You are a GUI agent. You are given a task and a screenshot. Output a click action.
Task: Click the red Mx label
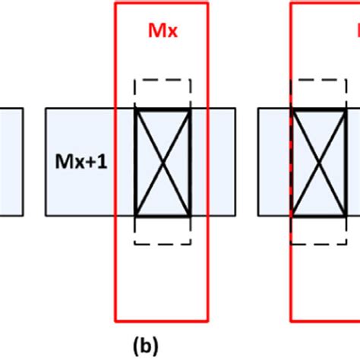pos(161,33)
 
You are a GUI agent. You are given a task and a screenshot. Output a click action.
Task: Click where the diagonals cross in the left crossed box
pos(162,163)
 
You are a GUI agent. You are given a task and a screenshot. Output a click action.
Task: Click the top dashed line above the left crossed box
pos(162,78)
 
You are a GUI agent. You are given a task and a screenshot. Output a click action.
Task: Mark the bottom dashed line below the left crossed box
pos(162,244)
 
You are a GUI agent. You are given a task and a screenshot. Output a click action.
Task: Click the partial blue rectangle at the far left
pos(11,162)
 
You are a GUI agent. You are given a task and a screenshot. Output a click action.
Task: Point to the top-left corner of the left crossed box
pos(135,109)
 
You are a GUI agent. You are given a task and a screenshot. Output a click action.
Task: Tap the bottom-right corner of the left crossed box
pos(189,216)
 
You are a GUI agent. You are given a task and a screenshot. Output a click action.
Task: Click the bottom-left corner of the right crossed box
pos(292,216)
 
